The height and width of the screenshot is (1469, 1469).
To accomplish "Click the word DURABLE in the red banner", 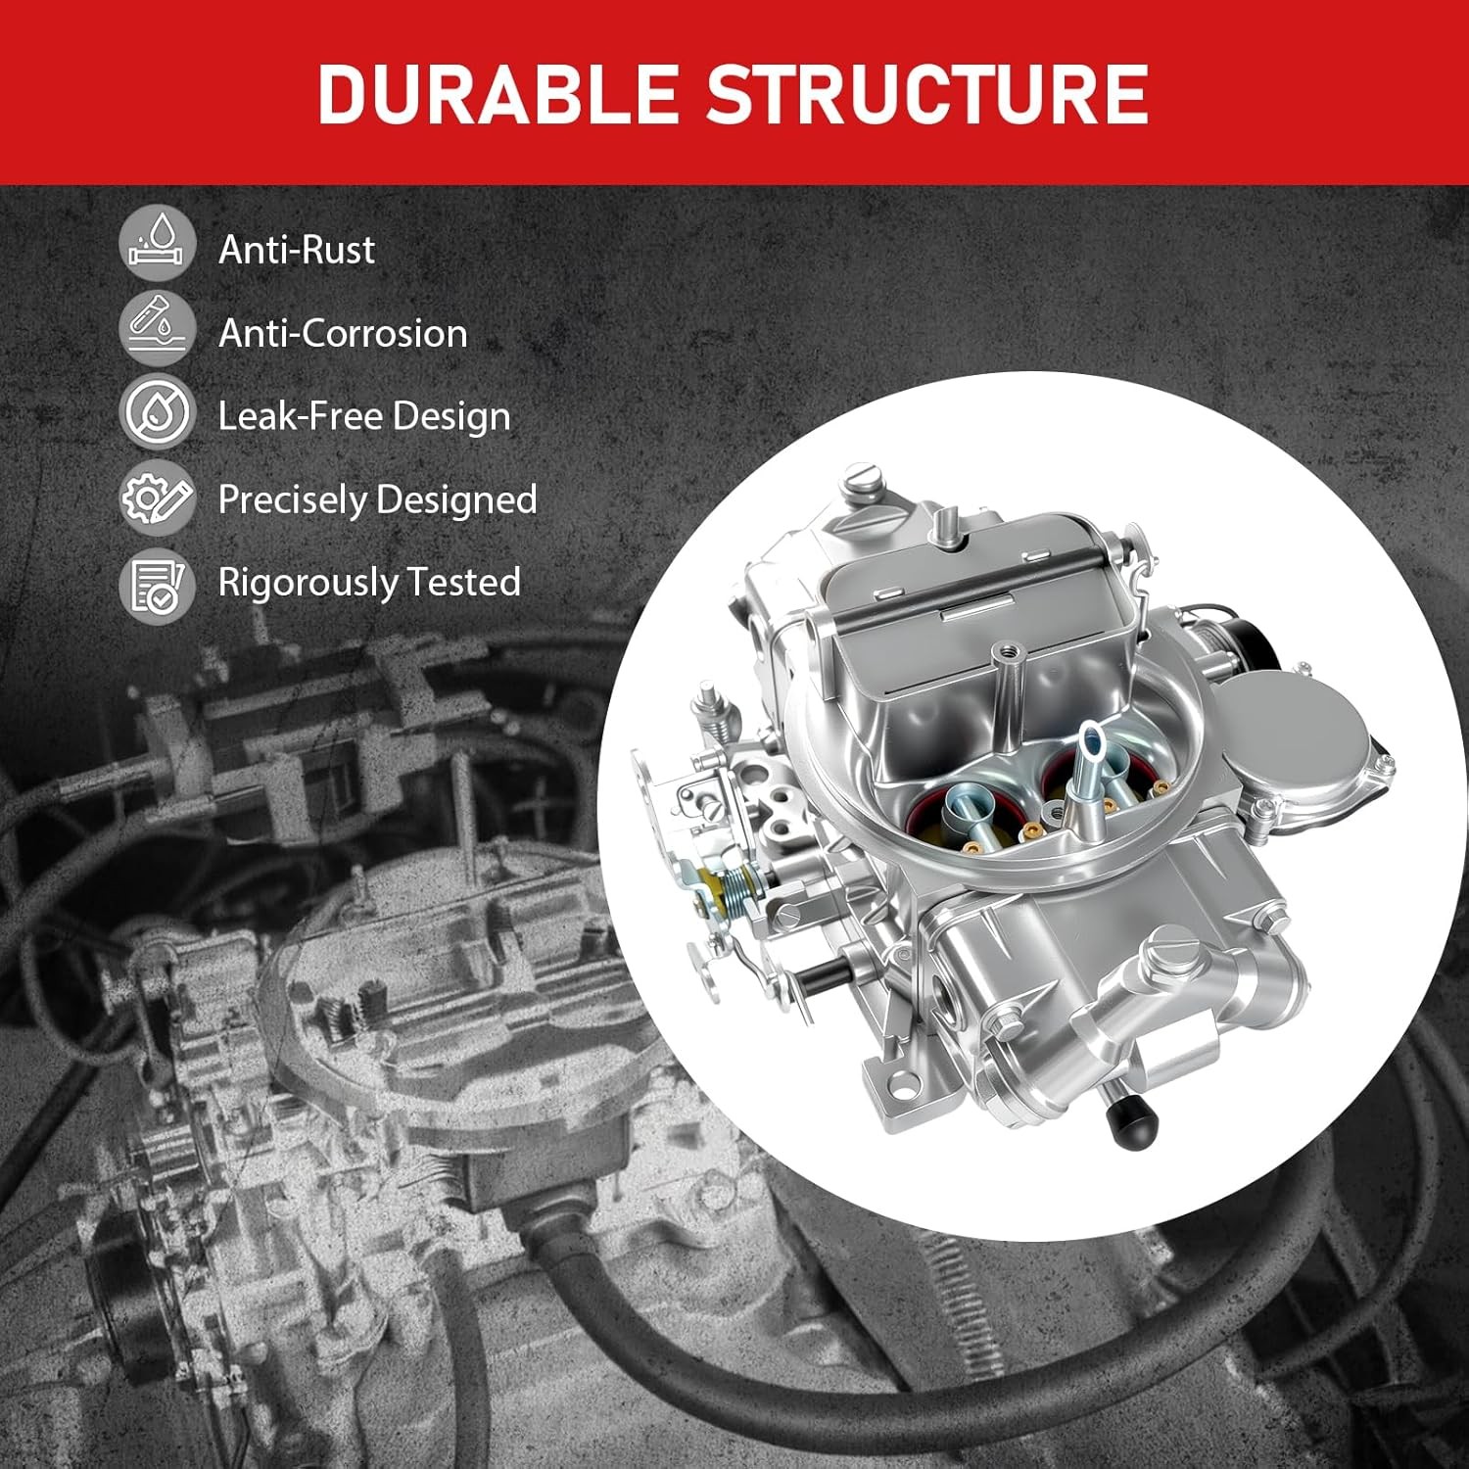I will tap(497, 94).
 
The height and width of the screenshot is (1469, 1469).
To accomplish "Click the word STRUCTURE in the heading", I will tap(926, 94).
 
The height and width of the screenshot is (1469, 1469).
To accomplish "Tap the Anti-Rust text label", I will tap(296, 250).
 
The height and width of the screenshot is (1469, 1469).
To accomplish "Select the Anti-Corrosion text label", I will tap(343, 333).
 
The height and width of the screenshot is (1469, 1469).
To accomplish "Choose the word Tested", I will tap(463, 582).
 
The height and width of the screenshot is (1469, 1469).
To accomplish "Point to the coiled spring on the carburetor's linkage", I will tap(733, 886).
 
